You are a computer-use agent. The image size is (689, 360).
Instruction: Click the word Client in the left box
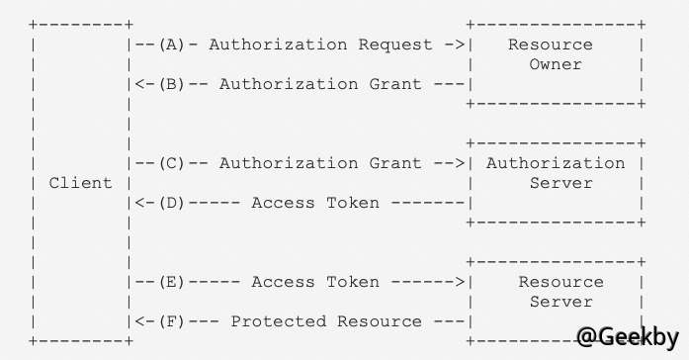[80, 183]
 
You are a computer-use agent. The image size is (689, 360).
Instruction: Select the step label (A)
[171, 45]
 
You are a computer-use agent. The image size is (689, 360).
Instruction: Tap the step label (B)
[171, 84]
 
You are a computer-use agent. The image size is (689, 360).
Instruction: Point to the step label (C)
[171, 163]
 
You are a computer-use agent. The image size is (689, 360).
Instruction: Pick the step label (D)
[171, 203]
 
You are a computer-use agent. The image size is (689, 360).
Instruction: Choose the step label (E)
[171, 282]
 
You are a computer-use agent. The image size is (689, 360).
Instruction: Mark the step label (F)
[171, 321]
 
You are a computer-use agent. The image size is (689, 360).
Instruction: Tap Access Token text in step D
[315, 203]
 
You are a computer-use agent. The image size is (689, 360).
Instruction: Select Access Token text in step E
[315, 282]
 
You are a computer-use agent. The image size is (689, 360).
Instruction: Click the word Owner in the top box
[556, 64]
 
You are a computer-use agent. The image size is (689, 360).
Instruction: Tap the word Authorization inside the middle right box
[556, 163]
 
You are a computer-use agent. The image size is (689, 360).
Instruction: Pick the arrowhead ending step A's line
[460, 45]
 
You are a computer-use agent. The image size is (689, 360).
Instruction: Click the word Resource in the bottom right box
[556, 282]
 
